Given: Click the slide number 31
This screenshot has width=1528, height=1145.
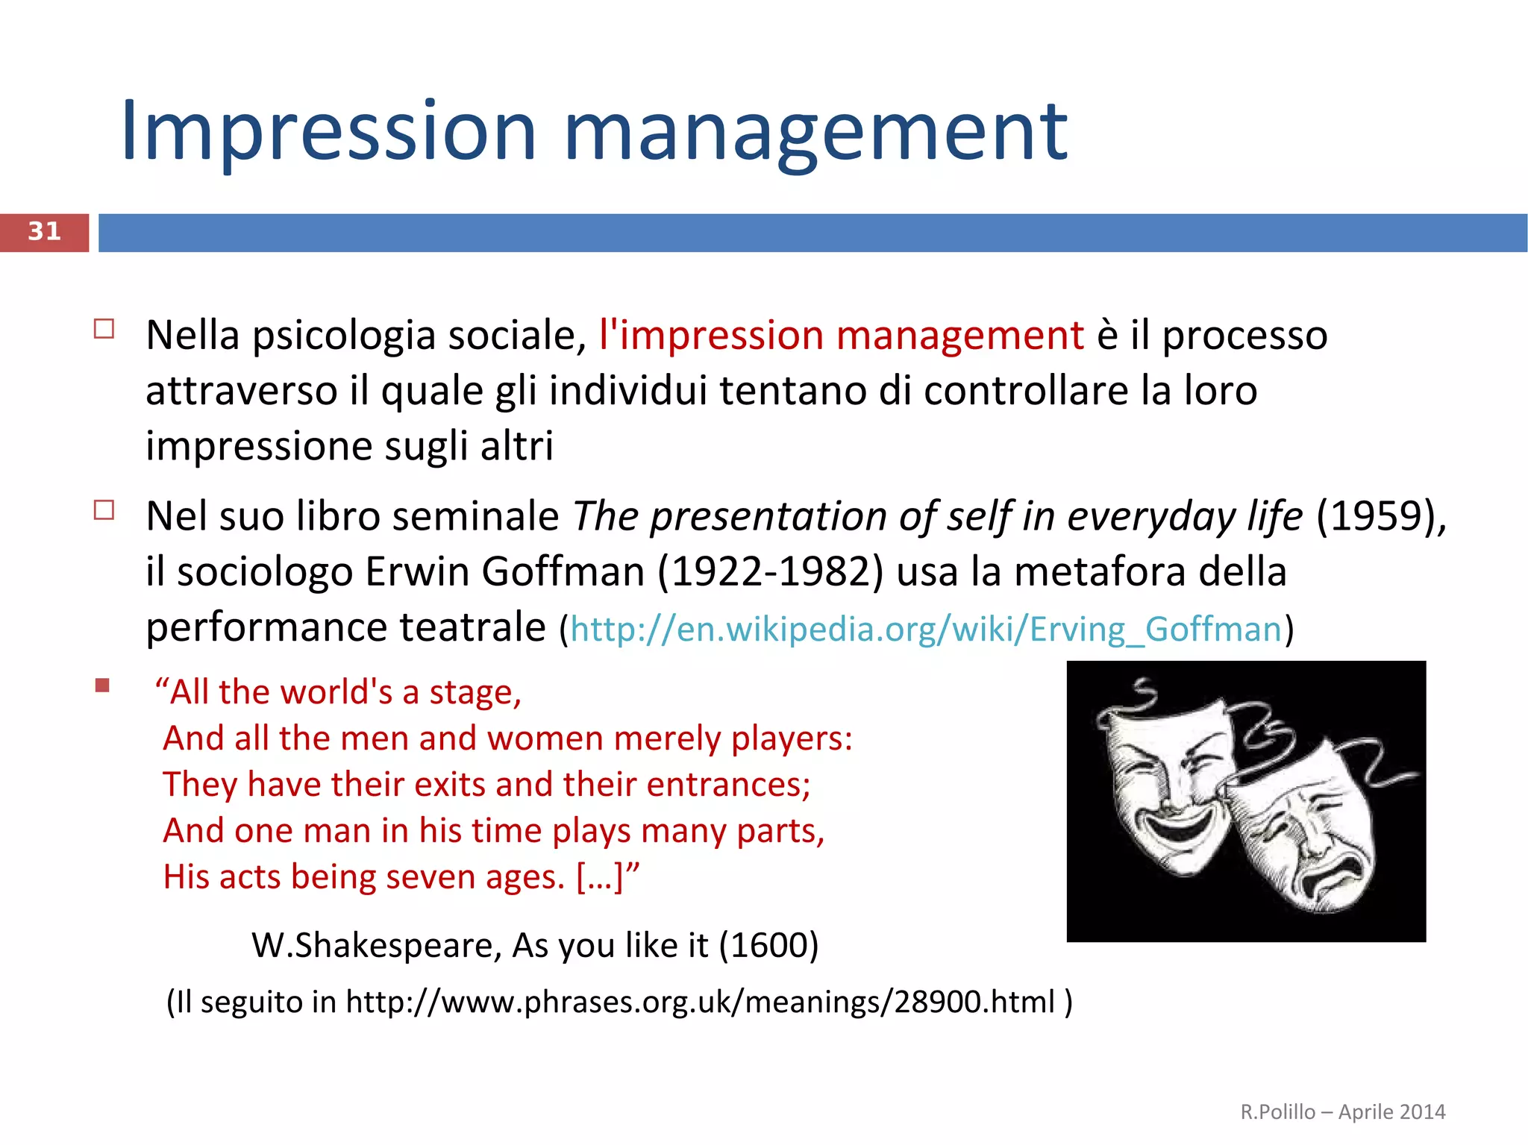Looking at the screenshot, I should [44, 231].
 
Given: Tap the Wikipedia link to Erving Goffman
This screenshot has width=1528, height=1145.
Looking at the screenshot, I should [925, 629].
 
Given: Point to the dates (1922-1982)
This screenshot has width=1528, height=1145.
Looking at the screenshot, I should [771, 572].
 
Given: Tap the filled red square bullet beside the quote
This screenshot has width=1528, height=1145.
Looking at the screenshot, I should [103, 685].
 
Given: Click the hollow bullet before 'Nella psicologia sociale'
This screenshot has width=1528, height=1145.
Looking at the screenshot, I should [104, 329].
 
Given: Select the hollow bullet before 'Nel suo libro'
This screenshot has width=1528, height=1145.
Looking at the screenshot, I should [104, 510].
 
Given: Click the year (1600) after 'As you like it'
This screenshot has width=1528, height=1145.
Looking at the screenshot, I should [768, 945].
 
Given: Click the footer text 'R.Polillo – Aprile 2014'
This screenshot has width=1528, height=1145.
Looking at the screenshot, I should [1342, 1111].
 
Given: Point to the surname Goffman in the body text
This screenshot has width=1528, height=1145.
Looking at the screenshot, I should [563, 572].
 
